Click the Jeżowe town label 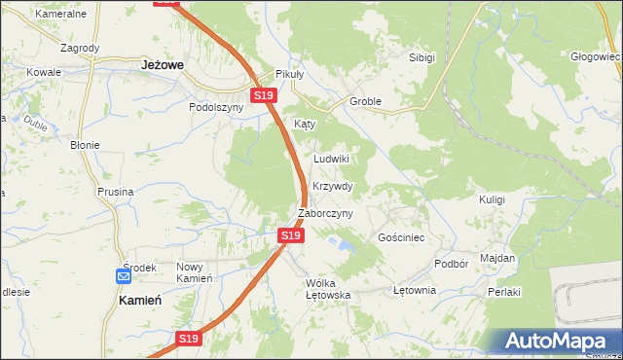coord(163,63)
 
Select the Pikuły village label coord(290,74)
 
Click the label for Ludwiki coord(331,158)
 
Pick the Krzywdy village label coord(332,186)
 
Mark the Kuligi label coord(492,198)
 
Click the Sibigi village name coord(421,57)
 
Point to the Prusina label coord(115,192)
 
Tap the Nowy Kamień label coord(194,272)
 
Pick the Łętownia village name coord(414,290)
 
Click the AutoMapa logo coord(554,341)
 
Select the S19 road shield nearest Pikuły coord(263,95)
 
